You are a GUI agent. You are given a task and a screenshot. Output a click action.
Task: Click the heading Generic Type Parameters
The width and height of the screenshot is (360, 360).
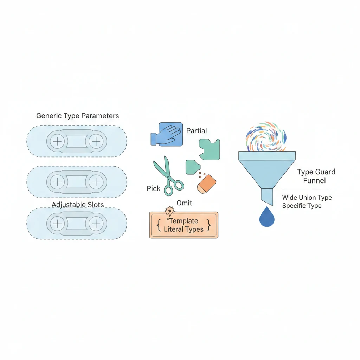(78, 116)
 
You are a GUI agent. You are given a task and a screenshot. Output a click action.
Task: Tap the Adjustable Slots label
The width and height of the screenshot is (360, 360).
(78, 204)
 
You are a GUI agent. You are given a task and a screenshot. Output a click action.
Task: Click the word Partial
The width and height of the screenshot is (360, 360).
(197, 131)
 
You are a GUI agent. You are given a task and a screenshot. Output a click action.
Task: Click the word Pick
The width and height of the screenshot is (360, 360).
(154, 189)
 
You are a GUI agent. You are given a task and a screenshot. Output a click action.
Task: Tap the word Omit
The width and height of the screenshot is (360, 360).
(184, 203)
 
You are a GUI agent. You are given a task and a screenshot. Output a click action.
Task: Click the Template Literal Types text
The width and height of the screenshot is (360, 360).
(184, 225)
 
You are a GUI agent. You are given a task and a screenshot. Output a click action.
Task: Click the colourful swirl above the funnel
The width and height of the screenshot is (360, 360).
(266, 137)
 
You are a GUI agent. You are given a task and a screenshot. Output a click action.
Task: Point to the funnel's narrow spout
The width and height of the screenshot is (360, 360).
(267, 196)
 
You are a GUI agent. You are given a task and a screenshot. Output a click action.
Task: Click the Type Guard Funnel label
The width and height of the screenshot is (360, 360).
(316, 176)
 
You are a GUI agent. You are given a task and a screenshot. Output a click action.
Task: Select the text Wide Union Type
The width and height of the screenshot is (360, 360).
(307, 198)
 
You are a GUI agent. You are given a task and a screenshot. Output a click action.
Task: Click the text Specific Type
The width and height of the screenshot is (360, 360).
(302, 206)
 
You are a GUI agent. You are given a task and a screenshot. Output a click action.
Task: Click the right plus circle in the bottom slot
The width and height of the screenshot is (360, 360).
(95, 224)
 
